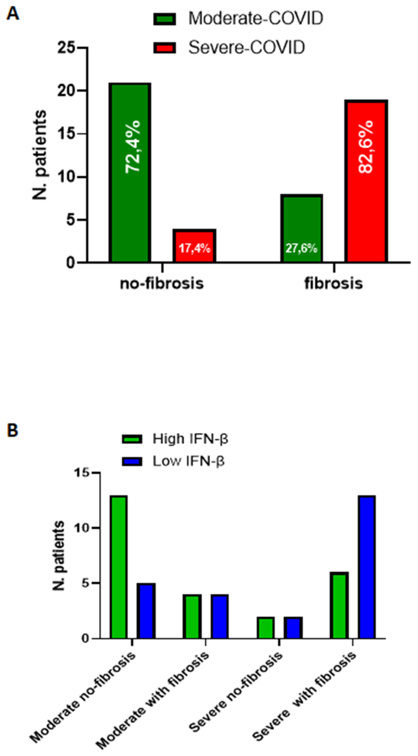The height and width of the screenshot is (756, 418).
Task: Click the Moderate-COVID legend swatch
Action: [165, 19]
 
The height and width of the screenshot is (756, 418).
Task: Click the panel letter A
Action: [12, 14]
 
